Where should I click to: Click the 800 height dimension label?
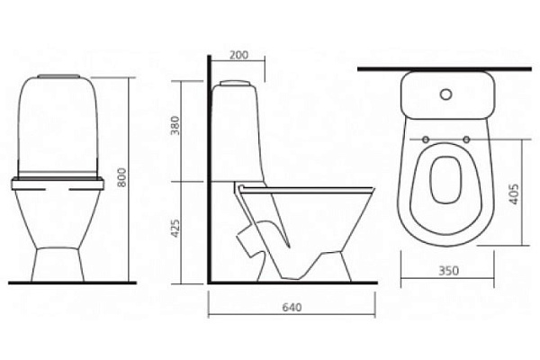pos(121,177)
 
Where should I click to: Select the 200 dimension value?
pos(239,55)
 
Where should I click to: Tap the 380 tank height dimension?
pos(175,125)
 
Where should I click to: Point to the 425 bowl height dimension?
pos(175,228)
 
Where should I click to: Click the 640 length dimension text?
pos(292,307)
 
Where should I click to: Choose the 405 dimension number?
pos(513,194)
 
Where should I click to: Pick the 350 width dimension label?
pos(449,270)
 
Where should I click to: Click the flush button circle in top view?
pos(446,94)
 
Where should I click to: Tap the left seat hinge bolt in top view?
pos(426,139)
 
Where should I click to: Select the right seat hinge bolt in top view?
pos(466,139)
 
